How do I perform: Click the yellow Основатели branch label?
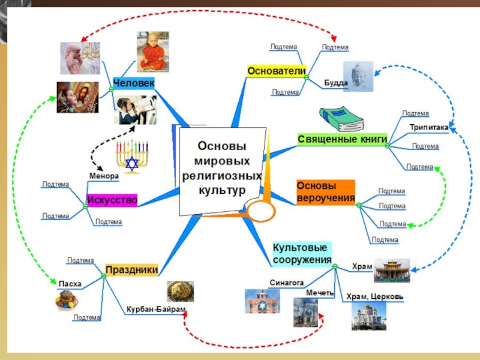(277, 71)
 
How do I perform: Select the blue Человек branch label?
(134, 82)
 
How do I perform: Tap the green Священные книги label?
(341, 139)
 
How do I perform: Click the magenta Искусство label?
(112, 200)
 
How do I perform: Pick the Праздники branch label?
(132, 270)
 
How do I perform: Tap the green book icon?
(341, 119)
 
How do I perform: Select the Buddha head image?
(358, 76)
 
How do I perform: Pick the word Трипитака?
(428, 127)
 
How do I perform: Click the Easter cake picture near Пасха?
(67, 299)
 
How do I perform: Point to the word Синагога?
(283, 281)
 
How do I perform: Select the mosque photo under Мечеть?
(305, 312)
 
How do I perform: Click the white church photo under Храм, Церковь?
(368, 316)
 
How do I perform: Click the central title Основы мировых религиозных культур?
(222, 169)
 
